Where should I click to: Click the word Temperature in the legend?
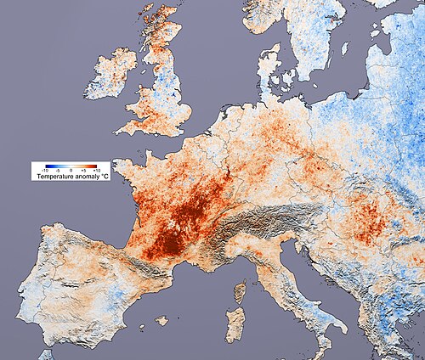(x=53, y=177)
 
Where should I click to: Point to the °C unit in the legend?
(x=102, y=177)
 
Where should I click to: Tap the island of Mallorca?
(x=161, y=321)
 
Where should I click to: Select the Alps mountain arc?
(x=255, y=222)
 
